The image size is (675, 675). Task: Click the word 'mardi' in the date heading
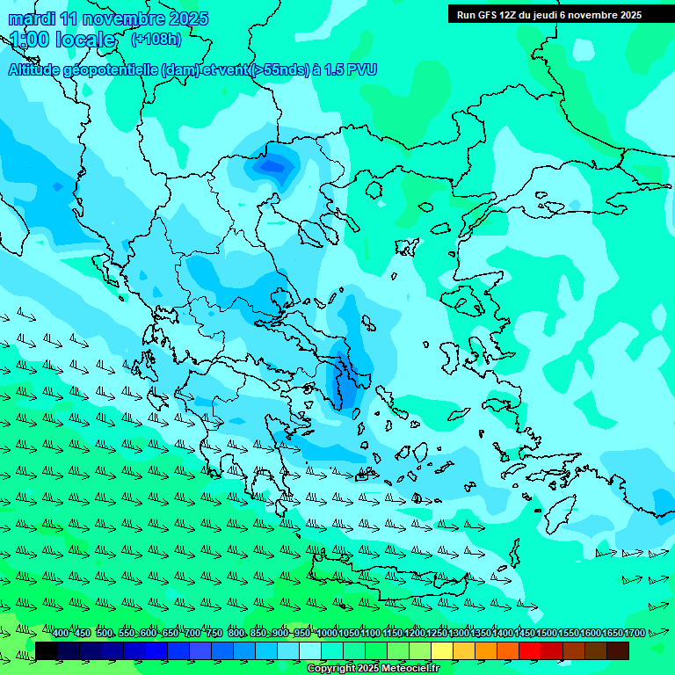[x=33, y=18]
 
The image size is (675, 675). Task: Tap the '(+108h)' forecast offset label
[x=156, y=40]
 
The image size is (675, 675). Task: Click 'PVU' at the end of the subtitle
[x=360, y=70]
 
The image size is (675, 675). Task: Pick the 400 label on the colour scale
[x=61, y=634]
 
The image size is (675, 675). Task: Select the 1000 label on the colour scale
[x=326, y=634]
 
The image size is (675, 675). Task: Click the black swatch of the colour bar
[x=47, y=650]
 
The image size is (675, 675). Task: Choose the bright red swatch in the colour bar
[x=530, y=650]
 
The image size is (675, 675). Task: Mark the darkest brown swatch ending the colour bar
[x=618, y=650]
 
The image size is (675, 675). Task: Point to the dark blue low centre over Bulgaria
[x=274, y=164]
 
